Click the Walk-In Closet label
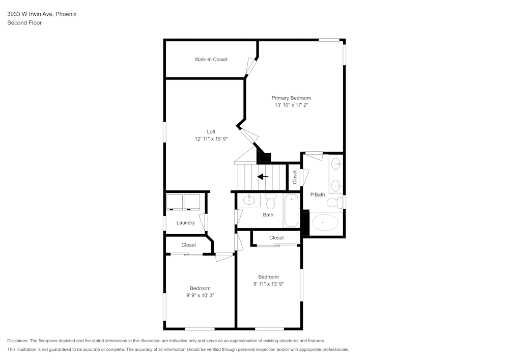[211, 60]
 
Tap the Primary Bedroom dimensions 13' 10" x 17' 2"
[291, 105]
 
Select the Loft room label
[211, 132]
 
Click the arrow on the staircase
[263, 177]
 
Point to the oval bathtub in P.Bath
[325, 223]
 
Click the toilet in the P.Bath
[334, 203]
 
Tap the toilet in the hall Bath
[270, 202]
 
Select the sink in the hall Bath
[249, 200]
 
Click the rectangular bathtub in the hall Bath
[292, 210]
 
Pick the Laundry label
[185, 223]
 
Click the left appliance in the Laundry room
[175, 202]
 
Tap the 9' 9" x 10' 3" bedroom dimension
[200, 295]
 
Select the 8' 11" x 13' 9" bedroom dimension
[268, 284]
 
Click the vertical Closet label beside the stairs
[295, 177]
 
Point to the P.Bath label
[318, 195]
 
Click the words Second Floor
[24, 23]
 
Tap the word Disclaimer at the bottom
[18, 341]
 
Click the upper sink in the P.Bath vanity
[336, 164]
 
